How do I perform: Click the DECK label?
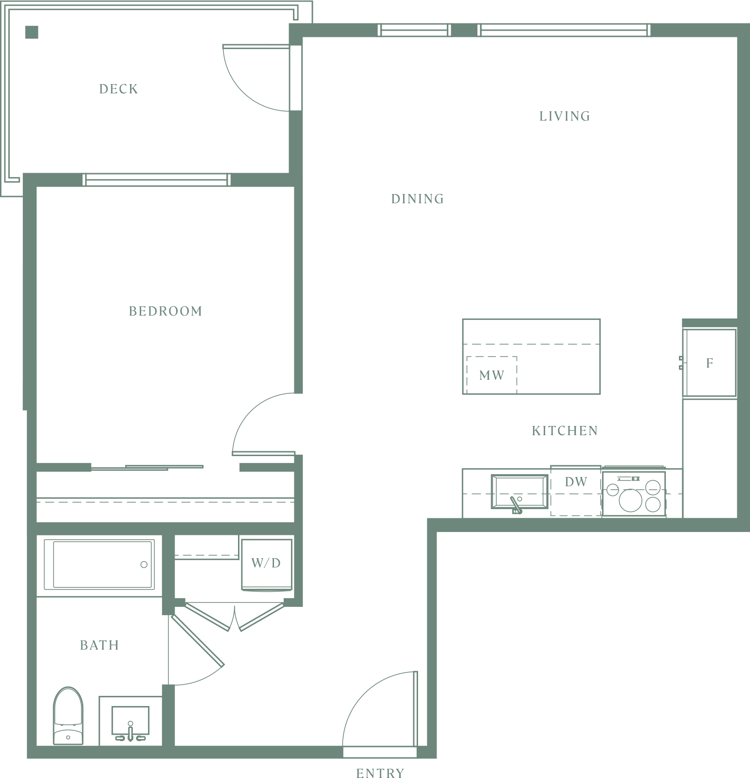[x=119, y=89]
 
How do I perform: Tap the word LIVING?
[x=565, y=116]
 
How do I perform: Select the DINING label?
[x=418, y=199]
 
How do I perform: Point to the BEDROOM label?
[x=165, y=311]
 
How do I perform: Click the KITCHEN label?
[x=565, y=431]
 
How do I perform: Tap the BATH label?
[x=99, y=645]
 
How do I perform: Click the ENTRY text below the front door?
[x=380, y=773]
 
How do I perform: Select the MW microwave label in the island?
[x=492, y=375]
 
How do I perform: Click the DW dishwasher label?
[x=576, y=482]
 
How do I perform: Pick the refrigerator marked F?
[x=710, y=363]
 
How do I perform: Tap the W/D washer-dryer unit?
[x=267, y=564]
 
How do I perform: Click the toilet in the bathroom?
[x=68, y=716]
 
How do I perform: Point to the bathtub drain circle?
[x=144, y=565]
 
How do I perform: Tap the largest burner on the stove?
[x=630, y=500]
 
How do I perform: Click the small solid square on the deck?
[x=32, y=32]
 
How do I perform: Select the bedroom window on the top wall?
[x=157, y=180]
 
